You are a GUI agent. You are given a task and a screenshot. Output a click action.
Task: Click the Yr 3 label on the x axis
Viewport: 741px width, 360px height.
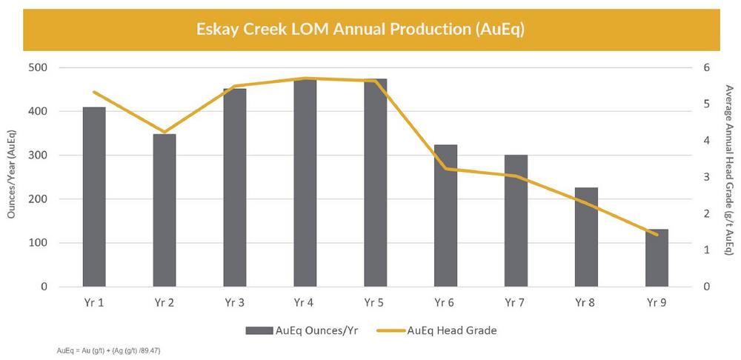(234, 302)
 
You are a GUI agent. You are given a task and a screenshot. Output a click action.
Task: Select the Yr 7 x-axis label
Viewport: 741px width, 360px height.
(516, 302)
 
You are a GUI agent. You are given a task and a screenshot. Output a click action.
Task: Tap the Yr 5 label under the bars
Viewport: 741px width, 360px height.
(375, 302)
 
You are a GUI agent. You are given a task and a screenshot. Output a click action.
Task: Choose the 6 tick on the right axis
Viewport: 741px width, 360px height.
(706, 67)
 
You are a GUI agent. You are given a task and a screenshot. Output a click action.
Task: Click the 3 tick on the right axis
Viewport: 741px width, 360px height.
(706, 177)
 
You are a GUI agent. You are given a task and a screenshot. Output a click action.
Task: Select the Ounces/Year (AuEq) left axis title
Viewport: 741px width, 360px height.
(12, 177)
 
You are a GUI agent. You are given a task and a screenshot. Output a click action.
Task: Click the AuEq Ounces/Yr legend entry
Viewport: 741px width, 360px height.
(311, 331)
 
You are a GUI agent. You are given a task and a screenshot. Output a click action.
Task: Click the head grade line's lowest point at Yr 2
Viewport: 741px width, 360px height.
(165, 132)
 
